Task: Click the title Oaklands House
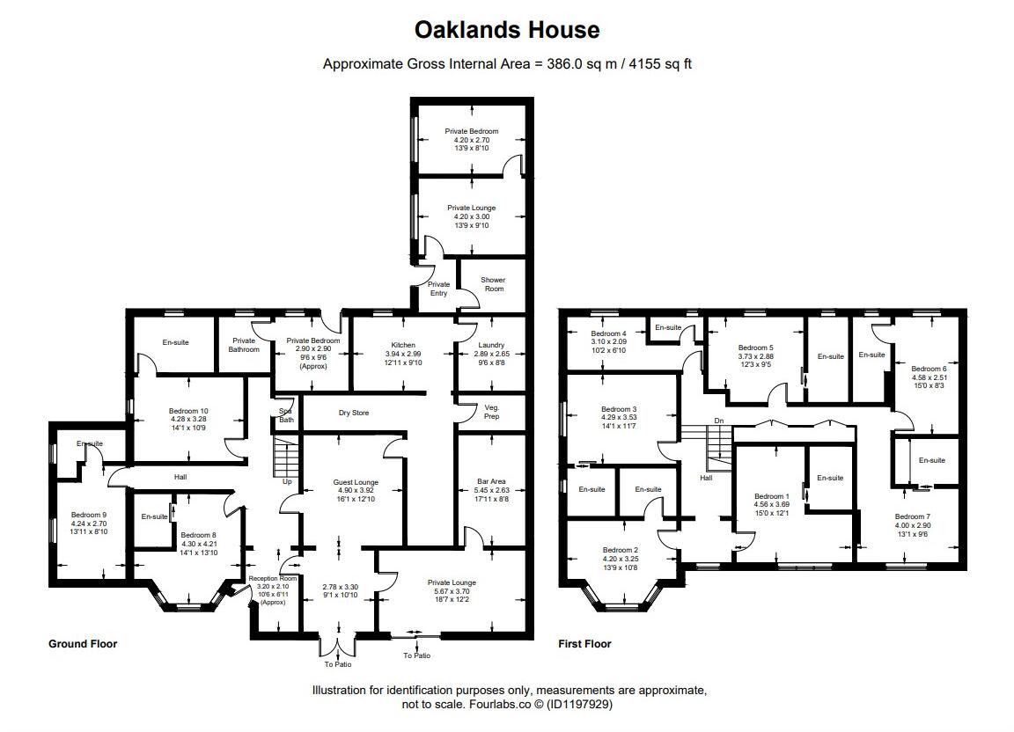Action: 507,30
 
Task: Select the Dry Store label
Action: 354,413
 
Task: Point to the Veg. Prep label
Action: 492,412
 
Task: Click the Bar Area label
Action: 491,482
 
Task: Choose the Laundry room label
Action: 491,345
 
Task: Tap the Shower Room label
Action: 493,284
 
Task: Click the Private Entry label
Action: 438,289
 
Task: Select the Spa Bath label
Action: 285,415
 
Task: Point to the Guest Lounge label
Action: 356,482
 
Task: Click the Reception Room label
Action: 268,578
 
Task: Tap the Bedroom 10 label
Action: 188,411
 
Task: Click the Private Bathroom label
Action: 244,345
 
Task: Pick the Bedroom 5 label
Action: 755,348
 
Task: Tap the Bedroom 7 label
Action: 912,516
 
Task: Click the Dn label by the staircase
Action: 719,420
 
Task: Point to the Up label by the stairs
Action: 287,481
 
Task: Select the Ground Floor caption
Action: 83,644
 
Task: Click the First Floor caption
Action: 584,644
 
